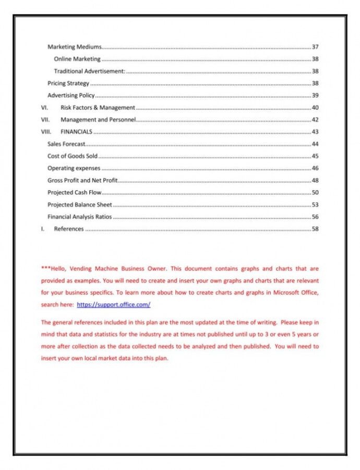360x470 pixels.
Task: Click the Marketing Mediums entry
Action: point(75,47)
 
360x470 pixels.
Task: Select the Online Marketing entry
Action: point(77,59)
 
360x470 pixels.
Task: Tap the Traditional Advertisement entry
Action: point(90,71)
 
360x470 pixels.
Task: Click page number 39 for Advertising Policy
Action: point(315,96)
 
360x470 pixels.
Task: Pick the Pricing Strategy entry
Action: point(68,84)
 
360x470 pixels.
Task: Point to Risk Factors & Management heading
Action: point(98,108)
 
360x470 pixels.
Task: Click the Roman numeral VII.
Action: point(45,120)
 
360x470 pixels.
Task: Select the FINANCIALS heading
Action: point(76,132)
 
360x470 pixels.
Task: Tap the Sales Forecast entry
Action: point(66,144)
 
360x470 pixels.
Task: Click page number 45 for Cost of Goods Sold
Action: point(315,156)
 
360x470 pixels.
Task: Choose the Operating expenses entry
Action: point(74,168)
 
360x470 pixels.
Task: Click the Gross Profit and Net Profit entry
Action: point(82,180)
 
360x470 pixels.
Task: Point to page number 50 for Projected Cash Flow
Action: point(315,193)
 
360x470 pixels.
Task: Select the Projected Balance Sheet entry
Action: point(79,205)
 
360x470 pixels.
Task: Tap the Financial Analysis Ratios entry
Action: point(79,217)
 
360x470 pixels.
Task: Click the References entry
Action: point(68,229)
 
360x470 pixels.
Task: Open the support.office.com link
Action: point(113,304)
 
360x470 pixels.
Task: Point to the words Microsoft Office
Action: point(294,292)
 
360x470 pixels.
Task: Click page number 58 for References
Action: point(315,229)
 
